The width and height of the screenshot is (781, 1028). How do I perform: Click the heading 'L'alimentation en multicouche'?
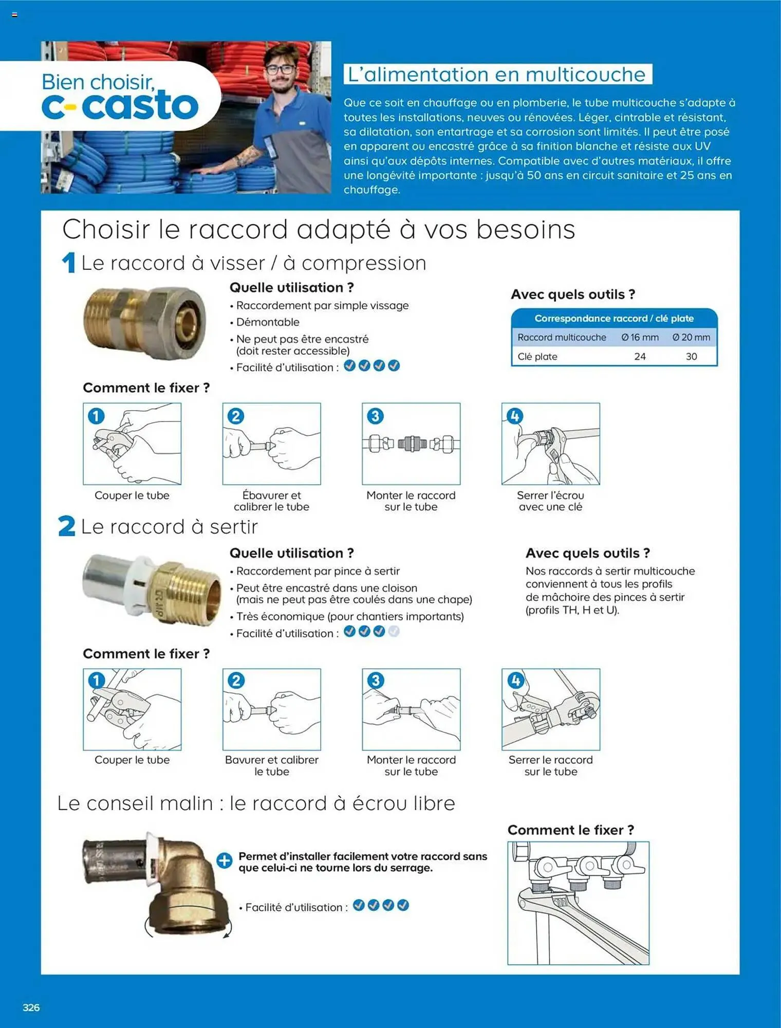tap(497, 75)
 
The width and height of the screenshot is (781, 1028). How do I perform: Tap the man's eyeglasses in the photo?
tap(281, 69)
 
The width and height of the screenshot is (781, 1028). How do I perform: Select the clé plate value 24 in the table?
tap(640, 356)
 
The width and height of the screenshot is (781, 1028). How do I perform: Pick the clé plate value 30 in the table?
tap(691, 356)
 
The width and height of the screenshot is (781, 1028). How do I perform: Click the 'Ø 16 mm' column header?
tap(640, 337)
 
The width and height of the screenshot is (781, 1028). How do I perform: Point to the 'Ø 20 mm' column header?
tap(691, 337)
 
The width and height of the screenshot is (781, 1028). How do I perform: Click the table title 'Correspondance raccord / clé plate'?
tap(614, 318)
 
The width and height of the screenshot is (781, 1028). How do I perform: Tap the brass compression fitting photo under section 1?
tap(145, 322)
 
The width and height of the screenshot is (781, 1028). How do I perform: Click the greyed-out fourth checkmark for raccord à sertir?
tap(394, 632)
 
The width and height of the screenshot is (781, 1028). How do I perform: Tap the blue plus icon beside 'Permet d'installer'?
tap(225, 860)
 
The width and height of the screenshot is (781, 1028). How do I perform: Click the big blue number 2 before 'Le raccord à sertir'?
tap(67, 526)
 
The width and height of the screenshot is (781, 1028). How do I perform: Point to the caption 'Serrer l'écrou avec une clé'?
tap(550, 501)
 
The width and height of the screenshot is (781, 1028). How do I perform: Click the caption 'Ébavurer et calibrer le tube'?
tap(271, 501)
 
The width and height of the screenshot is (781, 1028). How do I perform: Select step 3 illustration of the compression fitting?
tap(411, 444)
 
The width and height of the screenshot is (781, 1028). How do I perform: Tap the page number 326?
tap(31, 1007)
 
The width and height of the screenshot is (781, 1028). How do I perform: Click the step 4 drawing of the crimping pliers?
tap(550, 709)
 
